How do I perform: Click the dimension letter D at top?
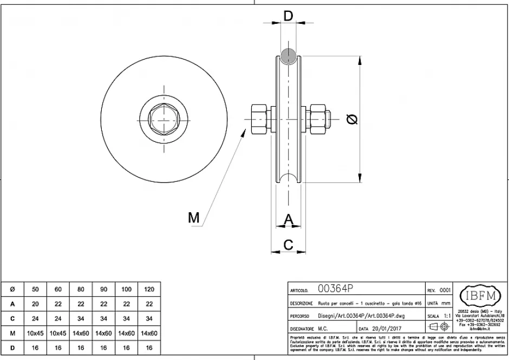point(289,16)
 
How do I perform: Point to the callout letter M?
point(193,218)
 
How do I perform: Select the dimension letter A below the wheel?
point(289,219)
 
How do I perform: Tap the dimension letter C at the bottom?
point(289,245)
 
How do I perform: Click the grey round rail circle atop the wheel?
point(288,54)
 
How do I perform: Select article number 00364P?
point(336,289)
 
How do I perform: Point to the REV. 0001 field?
point(439,290)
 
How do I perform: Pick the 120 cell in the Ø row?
point(149,290)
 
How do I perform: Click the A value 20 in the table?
point(36,304)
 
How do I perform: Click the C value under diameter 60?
point(58,318)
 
